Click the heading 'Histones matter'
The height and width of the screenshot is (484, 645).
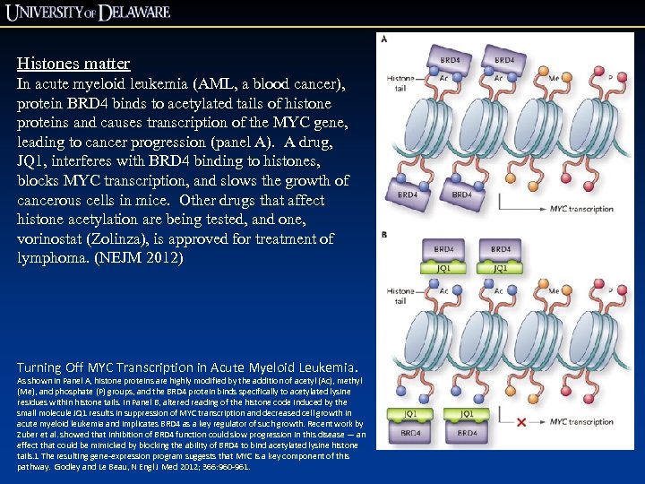click(73, 64)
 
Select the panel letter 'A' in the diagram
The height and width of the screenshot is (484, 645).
click(384, 39)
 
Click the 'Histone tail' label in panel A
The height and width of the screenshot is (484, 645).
click(400, 83)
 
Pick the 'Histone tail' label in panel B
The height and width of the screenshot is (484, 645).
click(400, 295)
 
